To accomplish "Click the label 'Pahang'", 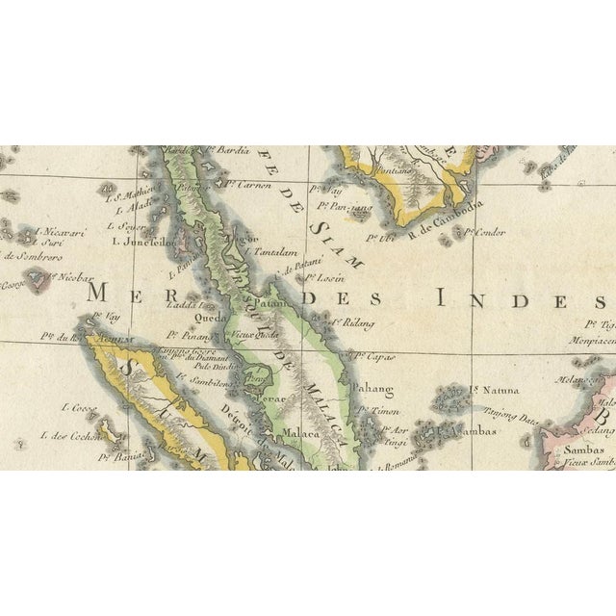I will (x=378, y=389).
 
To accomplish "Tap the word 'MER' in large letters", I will (x=129, y=293).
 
